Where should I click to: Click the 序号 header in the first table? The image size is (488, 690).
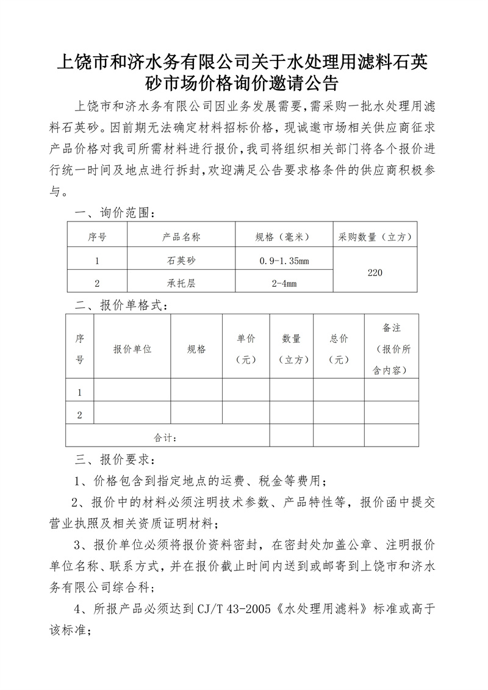[x=97, y=236]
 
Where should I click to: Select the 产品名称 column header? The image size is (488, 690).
[x=181, y=236]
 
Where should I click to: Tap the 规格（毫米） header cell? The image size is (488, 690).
[x=283, y=236]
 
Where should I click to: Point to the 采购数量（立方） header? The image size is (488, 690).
[x=375, y=236]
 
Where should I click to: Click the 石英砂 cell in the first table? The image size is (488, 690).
[x=181, y=261]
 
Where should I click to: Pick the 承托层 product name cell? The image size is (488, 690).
[x=181, y=283]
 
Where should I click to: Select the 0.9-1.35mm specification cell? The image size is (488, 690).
[x=284, y=261]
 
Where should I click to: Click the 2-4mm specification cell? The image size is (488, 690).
[x=284, y=283]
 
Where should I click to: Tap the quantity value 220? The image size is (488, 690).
[x=375, y=272]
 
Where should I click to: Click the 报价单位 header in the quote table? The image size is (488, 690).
[x=132, y=349]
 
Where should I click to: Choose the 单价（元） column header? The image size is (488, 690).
[x=246, y=349]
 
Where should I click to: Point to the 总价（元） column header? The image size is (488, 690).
[x=339, y=349]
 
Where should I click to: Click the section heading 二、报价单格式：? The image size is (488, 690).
[x=120, y=306]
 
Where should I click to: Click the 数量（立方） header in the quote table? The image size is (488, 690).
[x=293, y=349]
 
